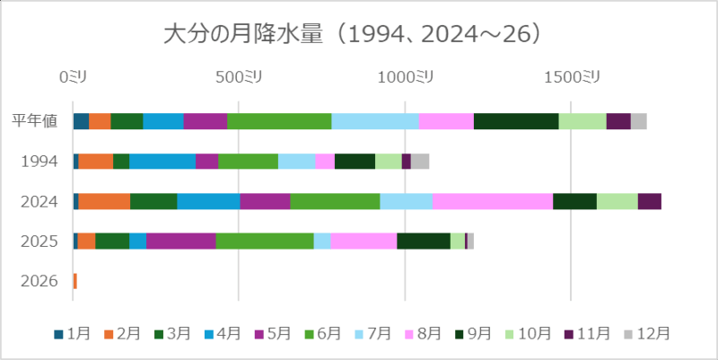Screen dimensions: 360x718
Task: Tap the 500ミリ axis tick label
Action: click(x=239, y=78)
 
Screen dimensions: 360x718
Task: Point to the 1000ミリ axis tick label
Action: click(x=404, y=78)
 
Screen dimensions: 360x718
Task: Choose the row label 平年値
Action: click(x=36, y=121)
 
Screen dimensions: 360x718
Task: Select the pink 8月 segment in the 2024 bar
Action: click(x=492, y=201)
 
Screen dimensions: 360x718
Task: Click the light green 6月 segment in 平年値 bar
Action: click(x=279, y=121)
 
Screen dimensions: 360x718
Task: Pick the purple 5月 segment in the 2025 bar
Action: click(x=180, y=241)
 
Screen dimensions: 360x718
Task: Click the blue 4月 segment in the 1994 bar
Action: click(x=162, y=162)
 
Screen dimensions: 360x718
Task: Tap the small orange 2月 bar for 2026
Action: click(x=75, y=281)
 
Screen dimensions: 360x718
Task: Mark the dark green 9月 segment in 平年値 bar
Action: click(x=515, y=121)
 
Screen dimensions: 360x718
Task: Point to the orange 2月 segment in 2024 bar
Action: click(x=104, y=201)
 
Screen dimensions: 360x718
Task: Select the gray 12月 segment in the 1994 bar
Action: click(x=420, y=162)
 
